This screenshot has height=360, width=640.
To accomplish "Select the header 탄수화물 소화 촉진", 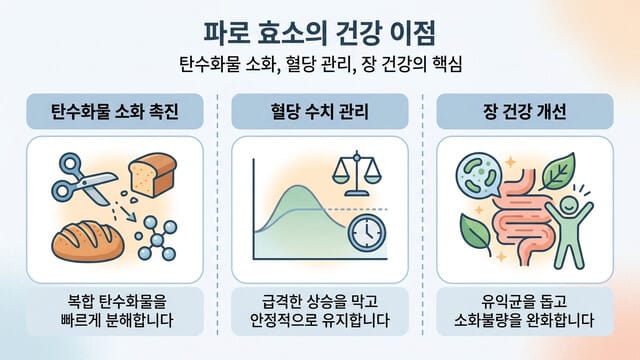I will click(x=116, y=109).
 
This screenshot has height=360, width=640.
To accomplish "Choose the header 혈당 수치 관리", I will click(x=319, y=109).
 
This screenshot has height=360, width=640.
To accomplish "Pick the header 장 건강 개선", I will click(x=524, y=109).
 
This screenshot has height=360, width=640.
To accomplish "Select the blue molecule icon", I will click(x=156, y=237).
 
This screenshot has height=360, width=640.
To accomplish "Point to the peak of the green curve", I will click(x=297, y=189).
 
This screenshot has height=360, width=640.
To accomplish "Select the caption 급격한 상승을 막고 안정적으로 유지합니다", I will click(x=319, y=310).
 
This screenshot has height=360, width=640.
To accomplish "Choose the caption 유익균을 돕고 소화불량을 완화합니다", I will click(x=524, y=310).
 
